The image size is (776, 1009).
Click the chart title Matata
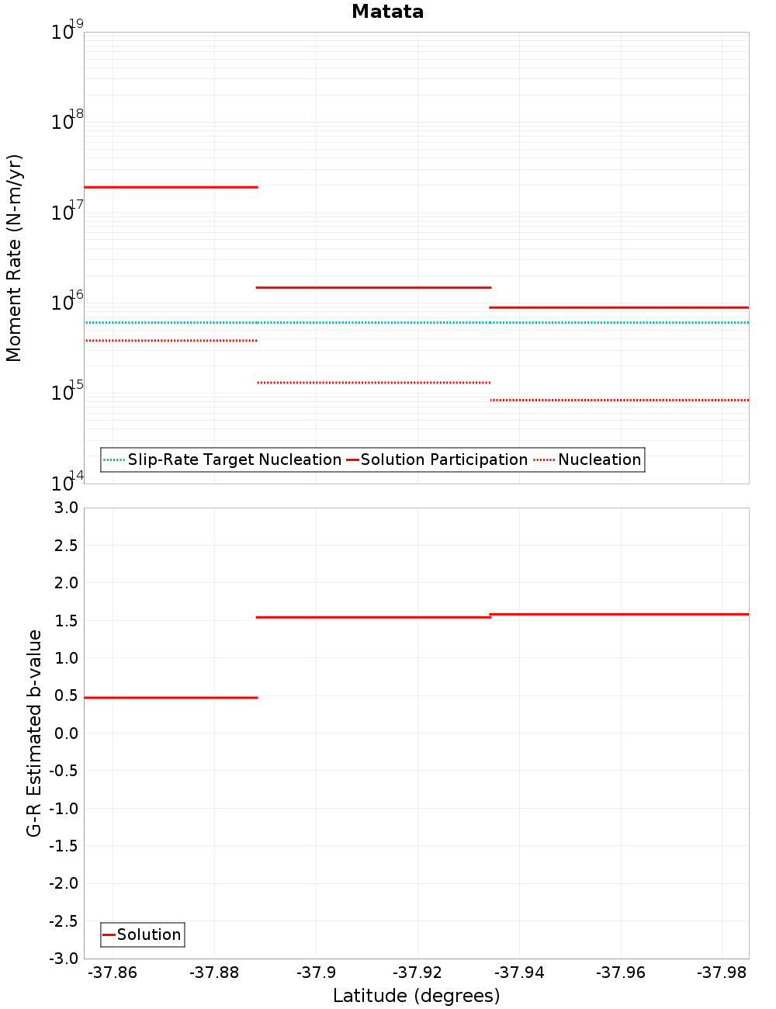pyautogui.click(x=387, y=12)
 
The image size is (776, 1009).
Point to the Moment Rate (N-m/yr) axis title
pyautogui.click(x=14, y=258)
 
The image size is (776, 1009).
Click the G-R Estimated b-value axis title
pyautogui.click(x=34, y=733)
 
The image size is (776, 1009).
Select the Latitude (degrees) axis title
pyautogui.click(x=416, y=996)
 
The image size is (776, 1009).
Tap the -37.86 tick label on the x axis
pyautogui.click(x=113, y=973)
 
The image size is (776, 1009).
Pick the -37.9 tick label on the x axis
pyautogui.click(x=316, y=973)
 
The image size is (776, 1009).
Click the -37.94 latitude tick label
pyautogui.click(x=519, y=973)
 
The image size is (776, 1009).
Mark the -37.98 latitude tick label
pyautogui.click(x=722, y=973)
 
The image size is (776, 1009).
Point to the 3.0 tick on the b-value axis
pyautogui.click(x=65, y=508)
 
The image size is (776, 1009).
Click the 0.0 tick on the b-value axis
pyautogui.click(x=65, y=733)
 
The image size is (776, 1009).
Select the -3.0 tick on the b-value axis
pyautogui.click(x=63, y=959)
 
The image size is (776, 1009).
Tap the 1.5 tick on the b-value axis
pyautogui.click(x=65, y=620)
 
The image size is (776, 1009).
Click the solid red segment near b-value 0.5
pyautogui.click(x=171, y=698)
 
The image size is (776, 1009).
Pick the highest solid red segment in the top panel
pyautogui.click(x=171, y=187)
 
